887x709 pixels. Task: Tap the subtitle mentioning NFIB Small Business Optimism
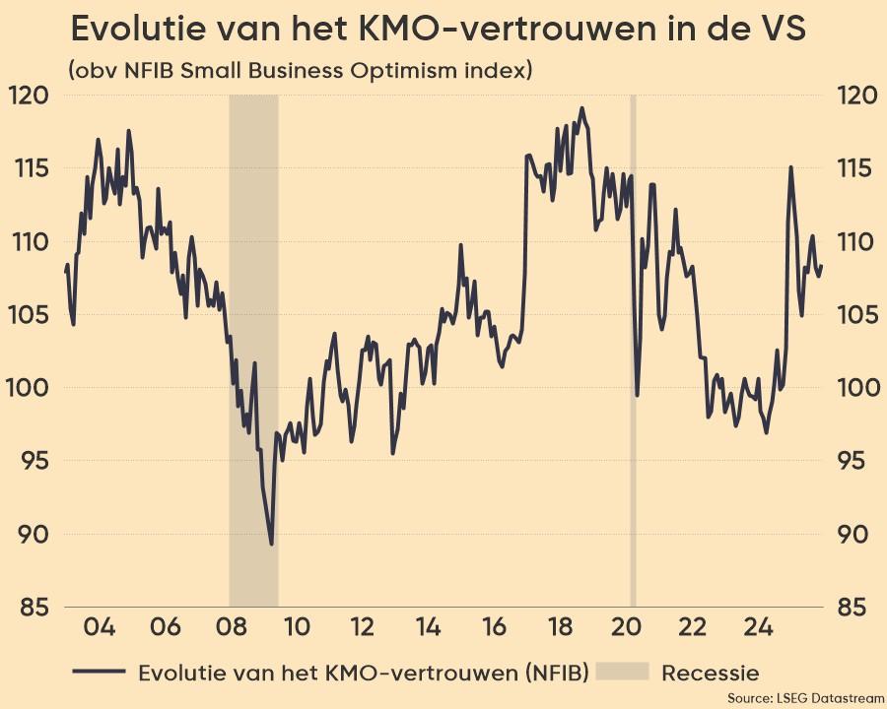tap(301, 71)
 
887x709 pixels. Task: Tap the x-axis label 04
tap(100, 627)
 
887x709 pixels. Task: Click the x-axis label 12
tap(362, 627)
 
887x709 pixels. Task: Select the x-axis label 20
tap(627, 627)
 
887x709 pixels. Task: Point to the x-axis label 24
tap(759, 627)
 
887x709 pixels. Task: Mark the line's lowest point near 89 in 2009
tap(271, 544)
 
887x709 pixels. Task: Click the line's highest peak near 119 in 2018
tap(581, 108)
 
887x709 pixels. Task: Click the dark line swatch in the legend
tap(99, 673)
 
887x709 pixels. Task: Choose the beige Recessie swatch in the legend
tap(625, 673)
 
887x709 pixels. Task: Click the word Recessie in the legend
tap(711, 673)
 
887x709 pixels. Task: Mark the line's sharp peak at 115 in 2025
tap(790, 167)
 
